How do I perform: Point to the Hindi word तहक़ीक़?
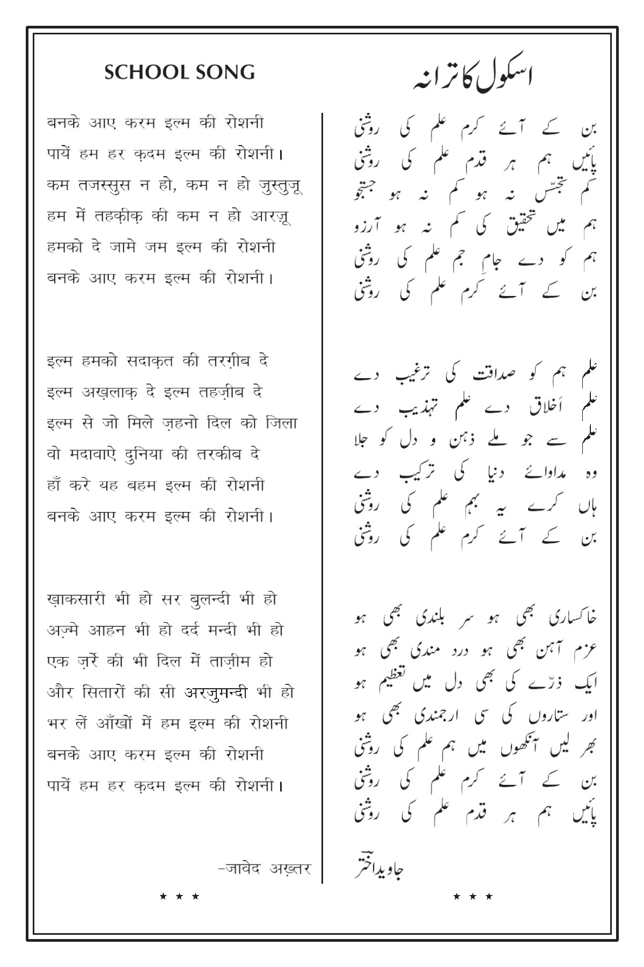[x=126, y=217]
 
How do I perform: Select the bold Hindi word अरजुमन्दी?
[x=216, y=693]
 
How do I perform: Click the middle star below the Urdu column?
[x=473, y=896]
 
